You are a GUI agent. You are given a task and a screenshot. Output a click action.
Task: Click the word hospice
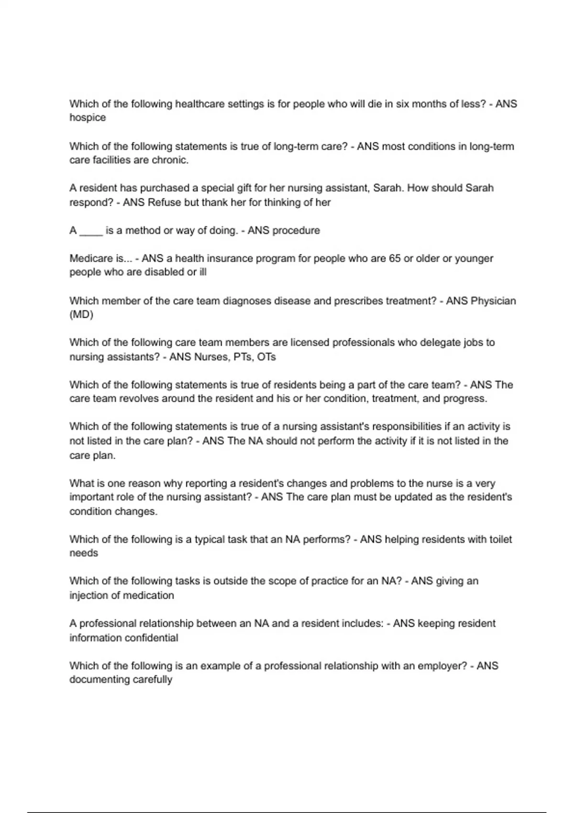point(88,118)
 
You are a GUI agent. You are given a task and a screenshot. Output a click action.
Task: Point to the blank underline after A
point(91,231)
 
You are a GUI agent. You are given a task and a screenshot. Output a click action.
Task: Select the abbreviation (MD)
point(81,315)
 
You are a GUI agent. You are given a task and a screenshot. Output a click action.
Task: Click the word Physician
point(493,301)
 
